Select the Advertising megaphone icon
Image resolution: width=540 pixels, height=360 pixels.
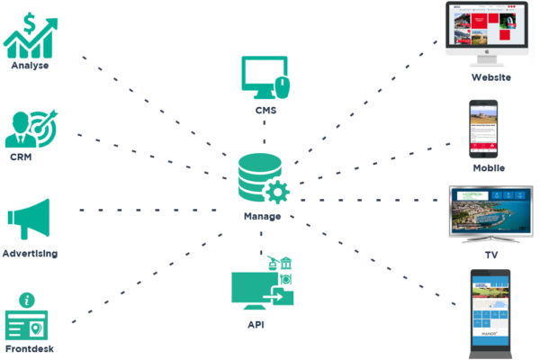click(x=29, y=219)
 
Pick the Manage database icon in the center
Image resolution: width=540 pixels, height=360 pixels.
click(x=262, y=178)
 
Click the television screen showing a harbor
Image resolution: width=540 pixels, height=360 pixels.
click(x=490, y=211)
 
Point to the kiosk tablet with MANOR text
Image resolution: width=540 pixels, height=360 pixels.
click(x=490, y=310)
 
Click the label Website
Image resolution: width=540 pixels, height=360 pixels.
click(x=491, y=77)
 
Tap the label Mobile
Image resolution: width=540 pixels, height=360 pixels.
click(x=490, y=168)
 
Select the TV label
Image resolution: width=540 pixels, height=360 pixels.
click(x=491, y=256)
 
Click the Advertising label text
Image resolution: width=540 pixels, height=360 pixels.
click(x=30, y=254)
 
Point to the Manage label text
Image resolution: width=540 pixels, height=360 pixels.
click(x=263, y=217)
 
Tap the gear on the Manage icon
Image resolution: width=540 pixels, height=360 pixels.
click(x=278, y=191)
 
